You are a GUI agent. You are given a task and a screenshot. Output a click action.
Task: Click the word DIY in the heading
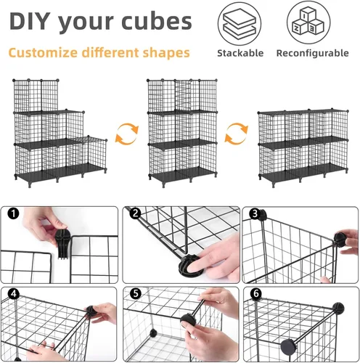coord(30,21)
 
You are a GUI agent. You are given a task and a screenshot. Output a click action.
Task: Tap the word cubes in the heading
coord(157,21)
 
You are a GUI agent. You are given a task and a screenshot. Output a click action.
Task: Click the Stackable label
coord(240,53)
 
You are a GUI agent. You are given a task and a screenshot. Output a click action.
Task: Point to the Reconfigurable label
coord(313,53)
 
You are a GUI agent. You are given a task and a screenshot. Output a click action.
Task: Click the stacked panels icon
coord(240,24)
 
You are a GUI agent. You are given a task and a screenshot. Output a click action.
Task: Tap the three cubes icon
coord(308,23)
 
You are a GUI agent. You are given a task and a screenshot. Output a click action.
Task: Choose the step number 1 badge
coord(13,213)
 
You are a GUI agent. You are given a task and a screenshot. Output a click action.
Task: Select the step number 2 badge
coord(135,213)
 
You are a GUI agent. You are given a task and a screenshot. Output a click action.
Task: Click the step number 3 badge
coord(255,214)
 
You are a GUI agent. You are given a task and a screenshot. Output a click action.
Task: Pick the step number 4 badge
coord(13,294)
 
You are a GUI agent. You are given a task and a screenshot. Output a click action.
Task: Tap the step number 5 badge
coord(136,294)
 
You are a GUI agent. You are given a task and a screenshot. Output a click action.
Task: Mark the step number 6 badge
coord(256,294)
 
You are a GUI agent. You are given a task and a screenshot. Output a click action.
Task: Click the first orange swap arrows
coord(127,134)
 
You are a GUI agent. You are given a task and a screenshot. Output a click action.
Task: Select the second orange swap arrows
coord(236,134)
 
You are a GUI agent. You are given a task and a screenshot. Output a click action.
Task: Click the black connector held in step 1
coord(62,243)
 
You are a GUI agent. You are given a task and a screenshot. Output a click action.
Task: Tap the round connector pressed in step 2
coord(191,266)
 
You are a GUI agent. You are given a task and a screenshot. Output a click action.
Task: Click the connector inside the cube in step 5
coord(152,333)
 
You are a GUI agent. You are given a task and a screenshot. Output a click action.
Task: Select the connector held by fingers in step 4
coord(91,311)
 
